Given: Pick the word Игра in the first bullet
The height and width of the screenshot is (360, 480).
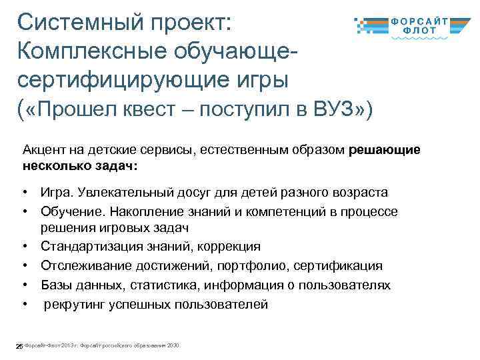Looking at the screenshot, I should pos(56,193).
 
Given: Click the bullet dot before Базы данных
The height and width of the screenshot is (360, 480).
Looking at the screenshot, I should pos(24,285).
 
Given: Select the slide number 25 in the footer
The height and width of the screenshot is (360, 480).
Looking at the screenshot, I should pos(19,346).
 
